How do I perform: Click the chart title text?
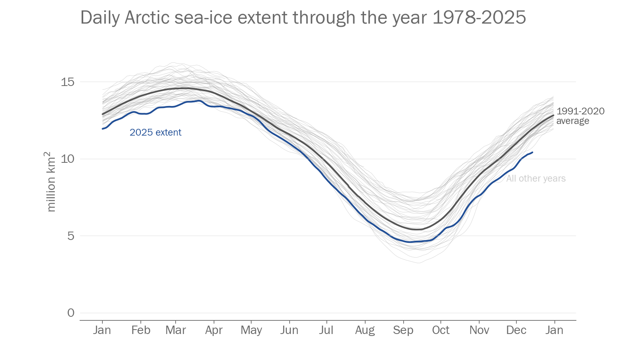click(x=303, y=18)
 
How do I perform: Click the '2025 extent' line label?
click(x=155, y=132)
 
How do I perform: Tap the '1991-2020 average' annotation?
click(x=580, y=116)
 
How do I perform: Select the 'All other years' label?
click(x=536, y=178)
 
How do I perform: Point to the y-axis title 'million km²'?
click(x=51, y=182)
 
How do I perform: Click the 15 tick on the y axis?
click(x=68, y=82)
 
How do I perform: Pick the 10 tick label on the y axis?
click(x=68, y=159)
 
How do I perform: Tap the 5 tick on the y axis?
click(x=71, y=236)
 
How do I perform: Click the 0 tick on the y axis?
click(x=71, y=313)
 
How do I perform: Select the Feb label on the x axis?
click(x=141, y=330)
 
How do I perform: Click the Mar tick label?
click(x=176, y=330)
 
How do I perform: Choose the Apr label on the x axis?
click(x=214, y=330)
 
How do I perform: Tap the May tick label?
click(x=251, y=330)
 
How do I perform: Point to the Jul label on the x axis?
click(x=326, y=330)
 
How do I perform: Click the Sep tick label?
click(x=403, y=330)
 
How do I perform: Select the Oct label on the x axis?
click(x=440, y=330)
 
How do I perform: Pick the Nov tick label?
click(x=479, y=330)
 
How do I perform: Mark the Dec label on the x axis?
click(x=516, y=330)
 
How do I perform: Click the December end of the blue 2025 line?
click(x=532, y=152)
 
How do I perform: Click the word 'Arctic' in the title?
click(x=147, y=18)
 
